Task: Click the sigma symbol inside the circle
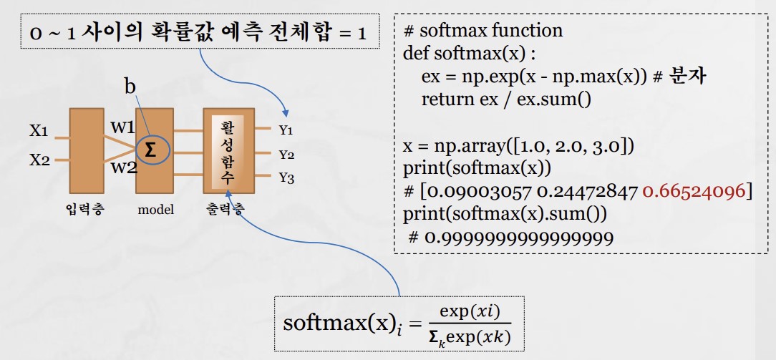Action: [150, 150]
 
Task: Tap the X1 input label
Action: [39, 132]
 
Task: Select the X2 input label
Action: [39, 160]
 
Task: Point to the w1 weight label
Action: [122, 127]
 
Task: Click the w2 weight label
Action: [122, 167]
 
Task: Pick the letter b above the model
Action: [130, 87]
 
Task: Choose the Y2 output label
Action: [286, 154]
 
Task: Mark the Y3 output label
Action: [286, 178]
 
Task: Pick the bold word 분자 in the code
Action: [687, 77]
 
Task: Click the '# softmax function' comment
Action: [483, 31]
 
